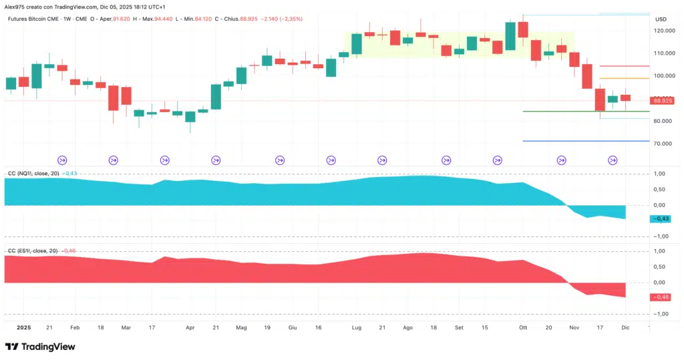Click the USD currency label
[x=661, y=19]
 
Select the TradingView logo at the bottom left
[x=40, y=347]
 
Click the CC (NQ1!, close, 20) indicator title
[x=33, y=173]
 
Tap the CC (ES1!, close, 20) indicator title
[x=33, y=250]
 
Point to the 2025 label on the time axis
[x=23, y=329]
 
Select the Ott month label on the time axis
[x=523, y=329]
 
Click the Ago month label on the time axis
[x=408, y=329]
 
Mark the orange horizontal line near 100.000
[x=624, y=78]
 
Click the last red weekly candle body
[x=625, y=98]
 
